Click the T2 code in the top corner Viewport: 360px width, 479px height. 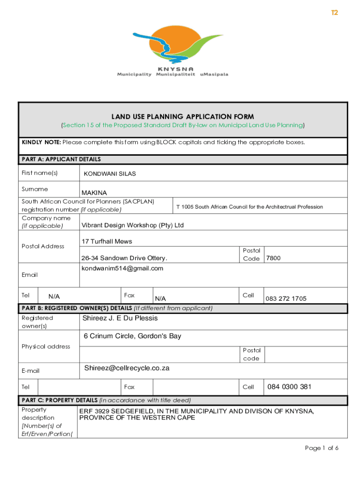[x=334, y=13]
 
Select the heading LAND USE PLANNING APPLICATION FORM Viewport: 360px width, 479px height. [x=182, y=116]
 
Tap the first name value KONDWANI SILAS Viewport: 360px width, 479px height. [x=109, y=174]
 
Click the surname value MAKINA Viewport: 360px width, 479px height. [x=94, y=193]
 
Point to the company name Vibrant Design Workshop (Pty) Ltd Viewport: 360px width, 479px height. [x=132, y=225]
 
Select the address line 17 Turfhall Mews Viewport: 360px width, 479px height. [x=107, y=241]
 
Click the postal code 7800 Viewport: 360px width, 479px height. [x=273, y=258]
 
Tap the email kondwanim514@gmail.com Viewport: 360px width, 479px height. [x=122, y=268]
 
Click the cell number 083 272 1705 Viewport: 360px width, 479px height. [x=286, y=298]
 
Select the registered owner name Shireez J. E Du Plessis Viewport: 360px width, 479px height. [x=120, y=318]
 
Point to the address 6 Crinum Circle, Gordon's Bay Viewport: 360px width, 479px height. [x=132, y=336]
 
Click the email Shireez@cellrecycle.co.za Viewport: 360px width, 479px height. [x=127, y=368]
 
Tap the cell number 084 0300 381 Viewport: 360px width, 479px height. [x=289, y=387]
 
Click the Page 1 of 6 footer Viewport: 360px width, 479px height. [x=321, y=448]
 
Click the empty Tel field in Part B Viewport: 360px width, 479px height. [x=79, y=387]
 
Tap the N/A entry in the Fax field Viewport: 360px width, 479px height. [x=160, y=298]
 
